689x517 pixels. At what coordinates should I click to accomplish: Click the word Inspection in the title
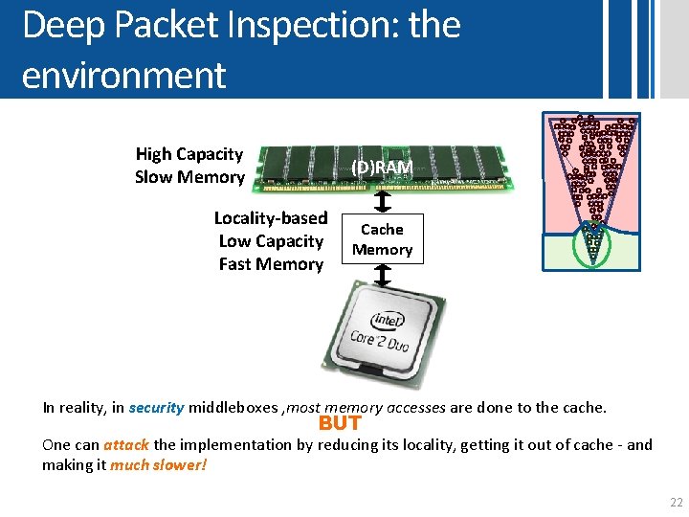307,26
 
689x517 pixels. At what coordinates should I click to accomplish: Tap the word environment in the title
123,74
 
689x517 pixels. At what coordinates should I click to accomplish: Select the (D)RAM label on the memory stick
382,168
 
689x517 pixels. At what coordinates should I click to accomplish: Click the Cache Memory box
382,239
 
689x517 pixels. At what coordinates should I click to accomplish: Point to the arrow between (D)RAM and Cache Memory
382,202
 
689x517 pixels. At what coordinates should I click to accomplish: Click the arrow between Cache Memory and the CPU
382,277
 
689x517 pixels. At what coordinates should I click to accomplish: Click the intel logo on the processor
388,319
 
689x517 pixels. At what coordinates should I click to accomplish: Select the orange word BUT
340,423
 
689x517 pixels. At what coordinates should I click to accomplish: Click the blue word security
156,407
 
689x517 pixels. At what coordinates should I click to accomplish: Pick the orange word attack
126,444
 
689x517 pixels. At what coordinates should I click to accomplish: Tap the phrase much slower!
158,464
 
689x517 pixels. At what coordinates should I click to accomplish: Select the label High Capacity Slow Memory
189,166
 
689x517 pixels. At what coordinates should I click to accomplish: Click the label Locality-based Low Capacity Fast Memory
271,241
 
